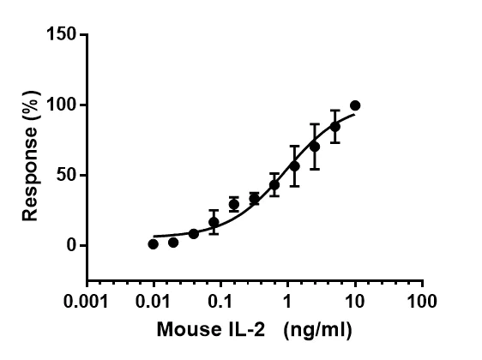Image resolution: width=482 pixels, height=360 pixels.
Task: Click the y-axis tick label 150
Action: [x=63, y=35]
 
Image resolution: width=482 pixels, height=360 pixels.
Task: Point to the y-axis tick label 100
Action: [x=63, y=105]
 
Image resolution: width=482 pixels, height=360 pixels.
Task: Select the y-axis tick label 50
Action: [x=68, y=176]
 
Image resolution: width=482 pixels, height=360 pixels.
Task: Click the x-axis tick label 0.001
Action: [x=87, y=302]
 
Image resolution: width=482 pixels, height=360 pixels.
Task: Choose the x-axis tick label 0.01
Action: [x=154, y=302]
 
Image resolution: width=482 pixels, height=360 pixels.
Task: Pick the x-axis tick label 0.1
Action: [x=220, y=302]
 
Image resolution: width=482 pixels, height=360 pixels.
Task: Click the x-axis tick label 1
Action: [x=287, y=302]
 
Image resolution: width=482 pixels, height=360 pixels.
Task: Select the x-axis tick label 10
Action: [x=354, y=302]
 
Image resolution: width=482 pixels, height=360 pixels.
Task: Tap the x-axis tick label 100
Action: [x=421, y=302]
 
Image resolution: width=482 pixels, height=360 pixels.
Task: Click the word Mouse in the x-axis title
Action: [x=184, y=328]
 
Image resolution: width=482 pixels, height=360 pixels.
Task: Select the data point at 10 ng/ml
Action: [x=355, y=105]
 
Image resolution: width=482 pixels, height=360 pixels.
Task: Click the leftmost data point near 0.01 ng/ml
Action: [x=153, y=244]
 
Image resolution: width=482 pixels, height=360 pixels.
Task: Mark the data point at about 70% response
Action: [x=315, y=147]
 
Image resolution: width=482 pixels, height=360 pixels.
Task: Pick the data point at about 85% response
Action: [x=335, y=126]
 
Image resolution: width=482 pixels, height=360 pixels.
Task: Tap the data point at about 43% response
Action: [x=274, y=184]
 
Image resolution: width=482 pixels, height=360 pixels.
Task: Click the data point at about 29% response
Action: [x=234, y=204]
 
